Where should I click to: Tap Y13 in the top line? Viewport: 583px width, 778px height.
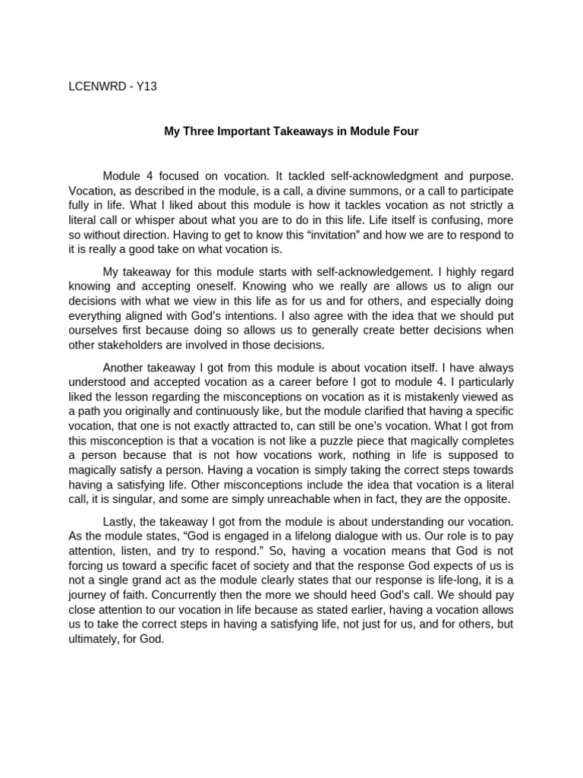click(146, 87)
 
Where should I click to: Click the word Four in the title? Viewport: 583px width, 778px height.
click(405, 131)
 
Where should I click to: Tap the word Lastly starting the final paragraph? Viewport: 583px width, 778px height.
click(120, 522)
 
